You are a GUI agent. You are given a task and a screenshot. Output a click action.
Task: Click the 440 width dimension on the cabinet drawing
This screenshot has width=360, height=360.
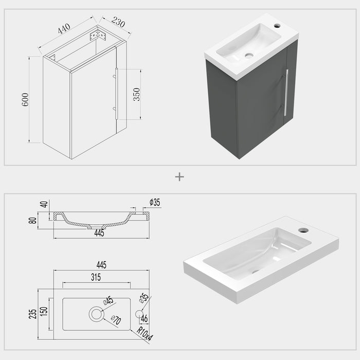click(x=64, y=29)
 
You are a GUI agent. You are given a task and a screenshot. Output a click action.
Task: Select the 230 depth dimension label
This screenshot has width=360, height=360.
click(x=118, y=23)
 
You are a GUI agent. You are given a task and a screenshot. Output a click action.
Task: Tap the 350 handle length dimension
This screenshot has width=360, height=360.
click(x=136, y=94)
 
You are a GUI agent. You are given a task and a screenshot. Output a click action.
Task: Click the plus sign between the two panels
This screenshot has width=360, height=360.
click(x=179, y=177)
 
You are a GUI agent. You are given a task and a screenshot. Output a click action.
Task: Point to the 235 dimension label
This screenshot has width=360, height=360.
click(x=33, y=314)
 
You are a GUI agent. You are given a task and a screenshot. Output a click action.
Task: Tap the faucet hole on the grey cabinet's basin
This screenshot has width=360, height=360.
click(x=277, y=26)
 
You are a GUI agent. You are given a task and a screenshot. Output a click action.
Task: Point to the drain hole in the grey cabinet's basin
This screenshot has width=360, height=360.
click(x=249, y=55)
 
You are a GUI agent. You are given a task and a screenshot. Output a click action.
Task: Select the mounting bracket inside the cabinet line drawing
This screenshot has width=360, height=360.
click(x=98, y=36)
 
